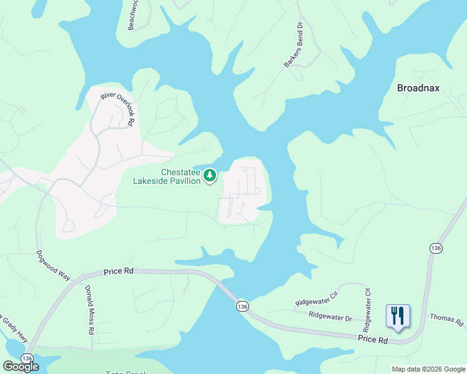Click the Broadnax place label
(x=418, y=88)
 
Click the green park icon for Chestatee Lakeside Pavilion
(x=211, y=176)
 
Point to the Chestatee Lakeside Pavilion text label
(x=167, y=176)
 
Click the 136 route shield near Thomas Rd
(x=436, y=248)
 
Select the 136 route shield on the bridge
(x=242, y=306)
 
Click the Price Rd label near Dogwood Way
(x=119, y=271)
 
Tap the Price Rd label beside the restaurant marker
(x=373, y=340)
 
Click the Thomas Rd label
(x=446, y=321)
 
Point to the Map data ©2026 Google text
(x=428, y=369)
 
